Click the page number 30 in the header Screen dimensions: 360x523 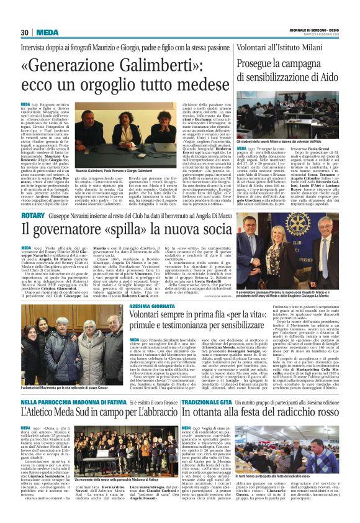tap(25, 32)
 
